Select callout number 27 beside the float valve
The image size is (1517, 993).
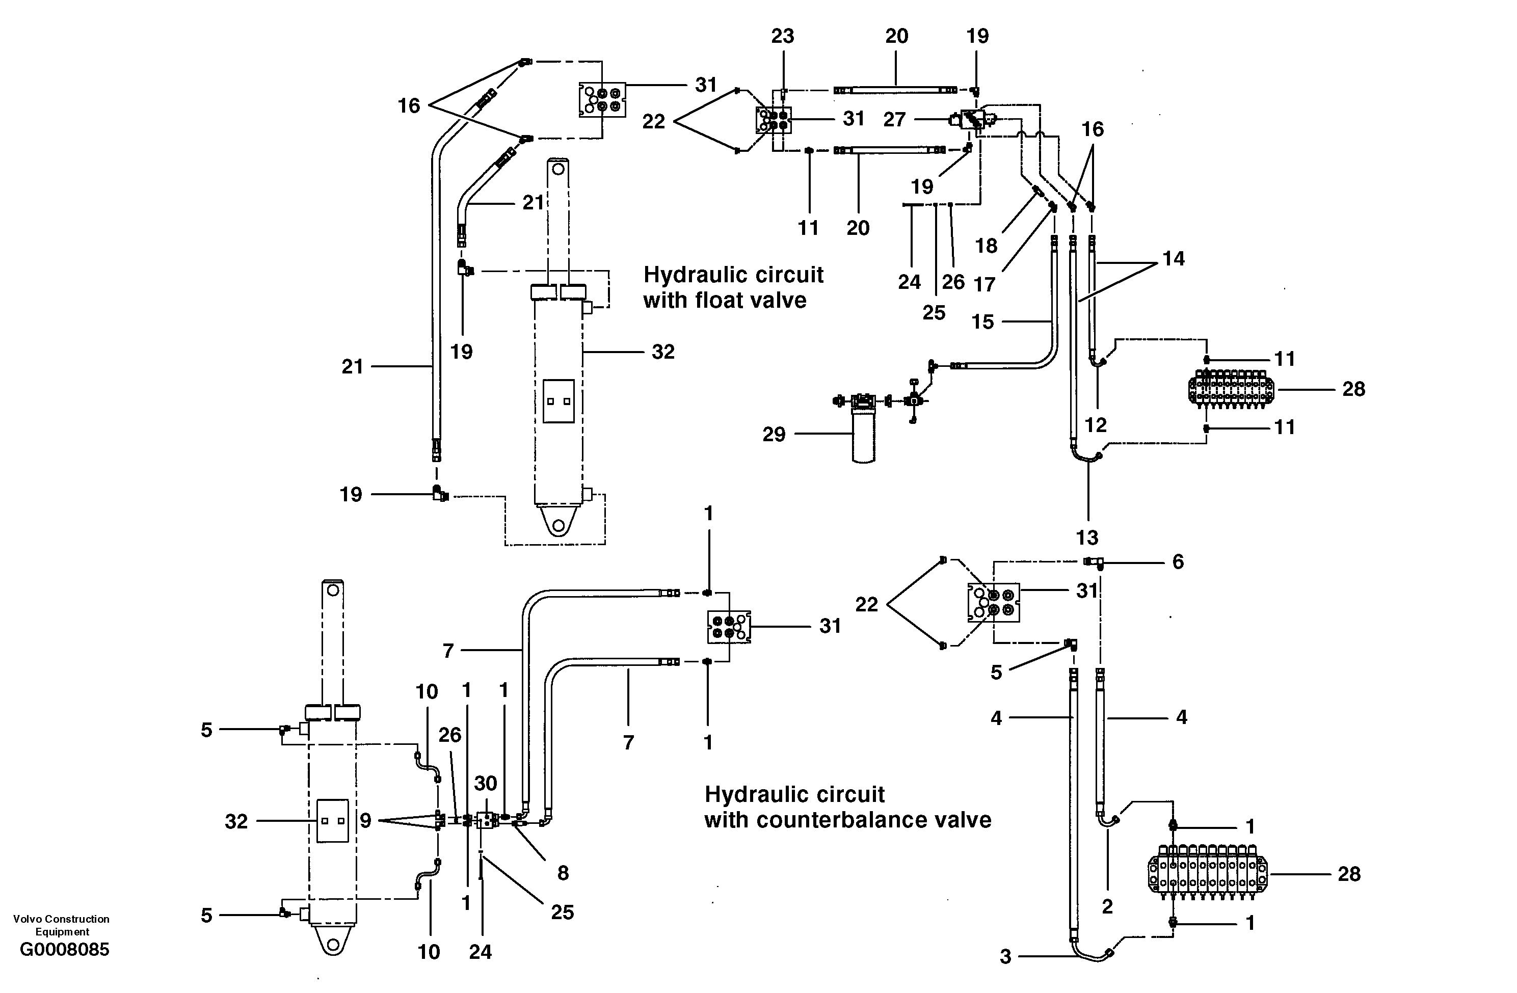tap(894, 119)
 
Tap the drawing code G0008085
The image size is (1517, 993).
tap(64, 949)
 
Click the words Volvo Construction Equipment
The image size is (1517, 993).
tap(61, 925)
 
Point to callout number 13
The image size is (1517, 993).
tap(1087, 538)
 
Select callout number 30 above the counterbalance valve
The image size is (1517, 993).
tap(486, 783)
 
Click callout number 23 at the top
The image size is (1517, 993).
tap(782, 36)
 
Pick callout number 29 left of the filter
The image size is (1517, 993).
tap(774, 435)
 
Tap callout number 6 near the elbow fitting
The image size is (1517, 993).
tap(1178, 561)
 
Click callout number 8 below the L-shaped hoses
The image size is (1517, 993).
tap(563, 873)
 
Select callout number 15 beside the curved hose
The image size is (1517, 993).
tap(982, 322)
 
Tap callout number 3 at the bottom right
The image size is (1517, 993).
tap(1005, 957)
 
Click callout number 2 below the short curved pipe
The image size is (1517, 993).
tap(1107, 906)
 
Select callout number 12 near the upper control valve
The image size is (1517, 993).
tap(1095, 424)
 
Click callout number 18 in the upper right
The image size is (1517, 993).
tap(986, 246)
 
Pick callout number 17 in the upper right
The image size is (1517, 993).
tap(984, 284)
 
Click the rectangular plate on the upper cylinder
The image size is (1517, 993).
tap(558, 401)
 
